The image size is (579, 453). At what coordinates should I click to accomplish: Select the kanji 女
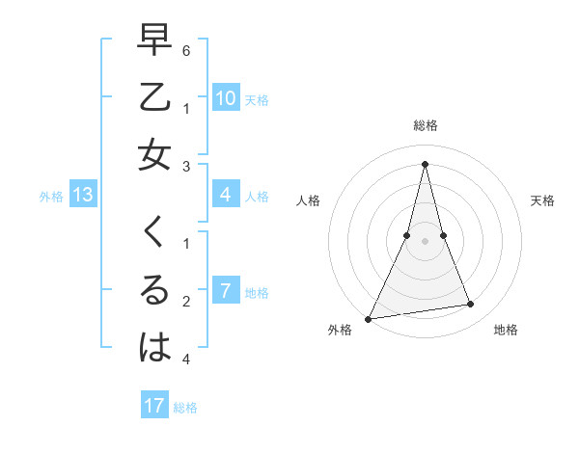[x=154, y=154]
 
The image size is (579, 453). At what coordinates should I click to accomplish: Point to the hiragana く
[x=154, y=231]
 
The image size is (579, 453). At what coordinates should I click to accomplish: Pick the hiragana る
[x=154, y=289]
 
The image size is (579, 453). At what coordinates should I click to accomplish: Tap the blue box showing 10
[x=225, y=97]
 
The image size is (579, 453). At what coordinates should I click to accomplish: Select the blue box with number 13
[x=82, y=196]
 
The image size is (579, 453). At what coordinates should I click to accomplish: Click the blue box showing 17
[x=154, y=406]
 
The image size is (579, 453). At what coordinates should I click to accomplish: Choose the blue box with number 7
[x=225, y=291]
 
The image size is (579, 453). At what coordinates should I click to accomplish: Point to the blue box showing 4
[x=225, y=195]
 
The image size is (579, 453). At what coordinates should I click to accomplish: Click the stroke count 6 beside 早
[x=186, y=48]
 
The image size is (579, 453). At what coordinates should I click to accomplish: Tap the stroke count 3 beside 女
[x=186, y=166]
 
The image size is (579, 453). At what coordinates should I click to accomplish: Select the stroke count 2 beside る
[x=186, y=301]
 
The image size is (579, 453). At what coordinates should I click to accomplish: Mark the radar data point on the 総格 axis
[x=425, y=163]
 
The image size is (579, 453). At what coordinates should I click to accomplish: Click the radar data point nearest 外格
[x=368, y=318]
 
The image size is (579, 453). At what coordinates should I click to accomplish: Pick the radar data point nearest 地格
[x=470, y=305]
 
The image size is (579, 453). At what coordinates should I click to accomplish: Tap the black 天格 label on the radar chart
[x=543, y=200]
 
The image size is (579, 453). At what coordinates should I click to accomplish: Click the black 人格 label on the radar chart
[x=309, y=200]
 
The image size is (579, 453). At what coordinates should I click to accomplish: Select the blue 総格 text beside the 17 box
[x=185, y=408]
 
